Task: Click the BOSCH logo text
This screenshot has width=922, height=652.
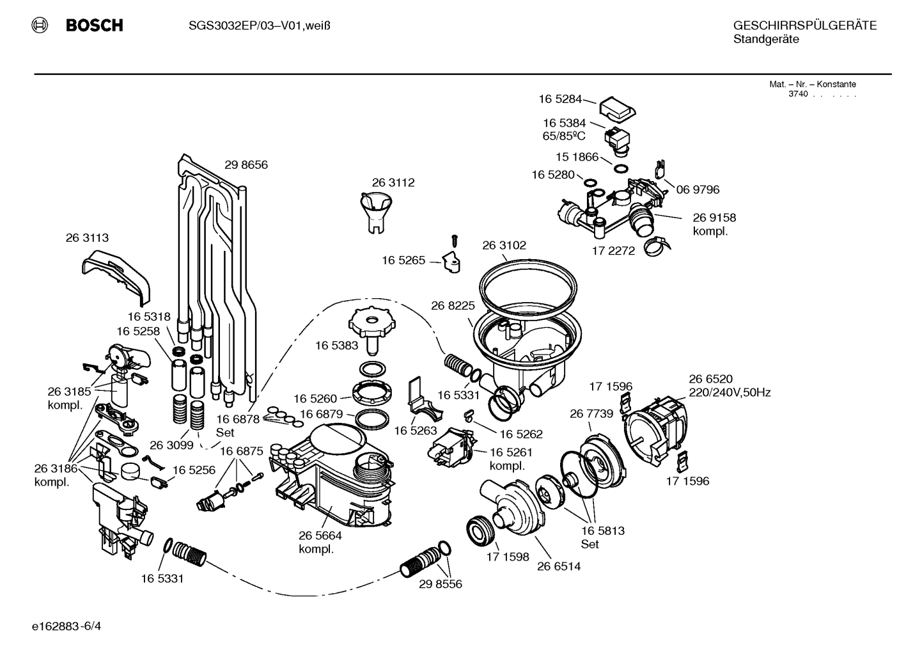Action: pos(94,26)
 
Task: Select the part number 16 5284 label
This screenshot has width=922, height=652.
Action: pos(560,99)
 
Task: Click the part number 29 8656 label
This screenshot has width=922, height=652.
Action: pos(246,165)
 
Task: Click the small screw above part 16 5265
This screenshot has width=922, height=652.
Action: pos(455,241)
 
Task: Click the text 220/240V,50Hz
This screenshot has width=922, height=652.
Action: pos(729,393)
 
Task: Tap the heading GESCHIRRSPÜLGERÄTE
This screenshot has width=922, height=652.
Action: pos(804,26)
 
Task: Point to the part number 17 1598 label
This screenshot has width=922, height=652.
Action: pos(508,557)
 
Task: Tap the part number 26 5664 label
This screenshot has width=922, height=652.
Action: pos(320,536)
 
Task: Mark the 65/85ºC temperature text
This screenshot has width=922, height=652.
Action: pos(564,136)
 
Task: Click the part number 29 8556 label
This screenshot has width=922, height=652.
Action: pos(441,584)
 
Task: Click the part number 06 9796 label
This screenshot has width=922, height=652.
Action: pos(698,189)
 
